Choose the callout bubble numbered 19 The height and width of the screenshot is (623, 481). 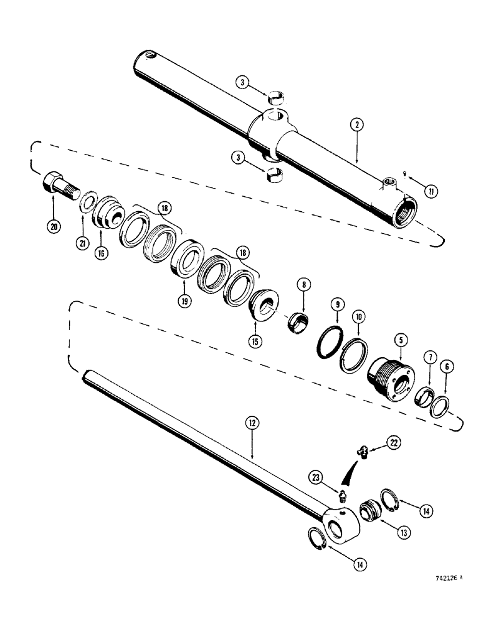point(186,300)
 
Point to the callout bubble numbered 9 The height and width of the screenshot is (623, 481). point(336,305)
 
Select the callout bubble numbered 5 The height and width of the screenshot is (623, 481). point(398,341)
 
